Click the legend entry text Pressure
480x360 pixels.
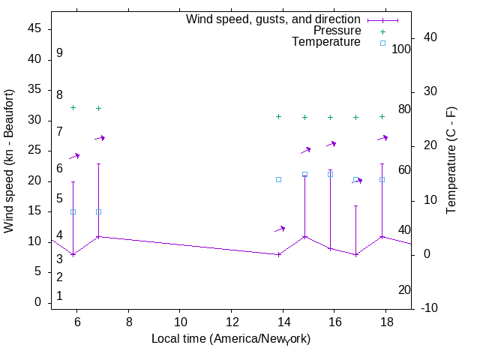(337, 31)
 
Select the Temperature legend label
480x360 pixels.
(326, 42)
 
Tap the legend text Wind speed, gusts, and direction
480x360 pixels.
(274, 19)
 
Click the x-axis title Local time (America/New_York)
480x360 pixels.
(231, 339)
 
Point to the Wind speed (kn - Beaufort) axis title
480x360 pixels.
(9, 161)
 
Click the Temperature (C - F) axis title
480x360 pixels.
(451, 160)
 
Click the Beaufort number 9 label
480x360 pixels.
(59, 53)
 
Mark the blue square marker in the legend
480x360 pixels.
(382, 43)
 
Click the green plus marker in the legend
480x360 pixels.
(382, 31)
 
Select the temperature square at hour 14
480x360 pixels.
(278, 180)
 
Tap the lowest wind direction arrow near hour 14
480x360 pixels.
(280, 229)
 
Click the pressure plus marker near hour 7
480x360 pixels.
(98, 108)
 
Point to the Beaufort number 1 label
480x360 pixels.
(59, 296)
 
